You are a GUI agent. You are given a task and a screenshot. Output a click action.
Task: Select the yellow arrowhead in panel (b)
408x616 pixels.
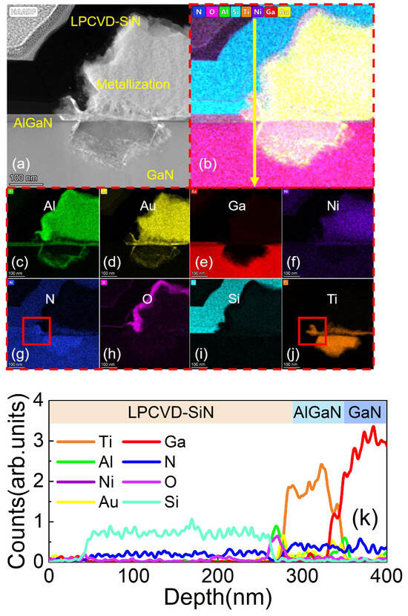click(x=254, y=183)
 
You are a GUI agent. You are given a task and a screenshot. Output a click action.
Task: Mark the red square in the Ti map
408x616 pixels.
click(x=312, y=330)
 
